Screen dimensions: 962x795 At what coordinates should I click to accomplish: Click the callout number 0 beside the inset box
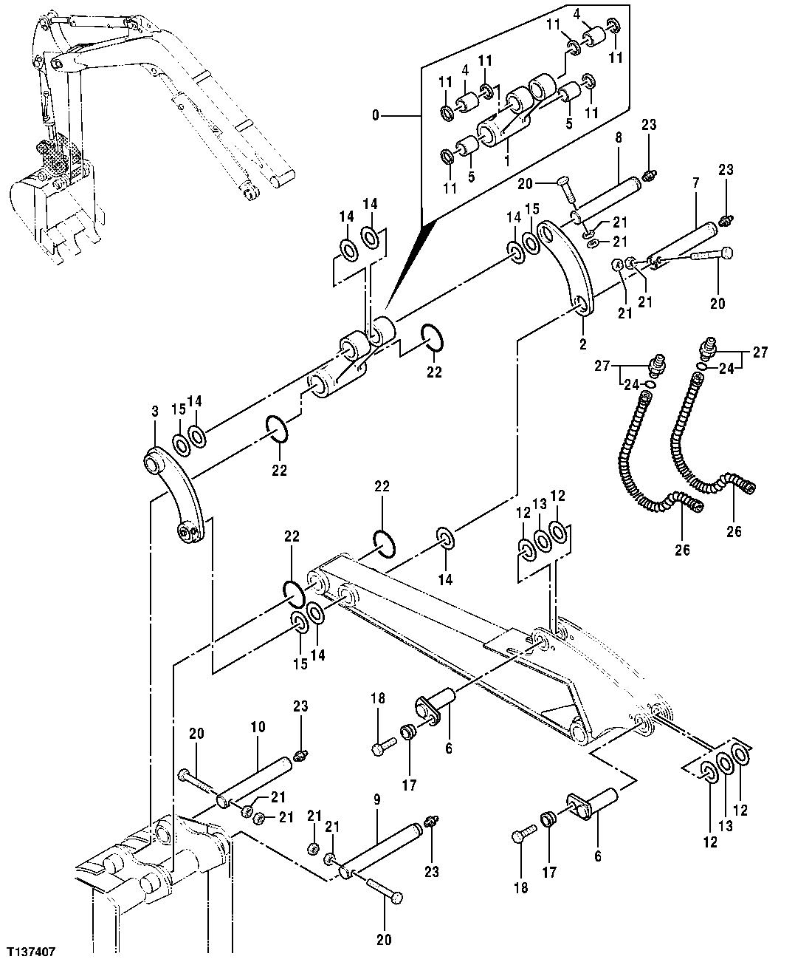click(376, 115)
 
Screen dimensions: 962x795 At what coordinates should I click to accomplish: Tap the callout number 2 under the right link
click(582, 344)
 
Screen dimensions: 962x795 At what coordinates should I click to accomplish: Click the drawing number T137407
click(32, 949)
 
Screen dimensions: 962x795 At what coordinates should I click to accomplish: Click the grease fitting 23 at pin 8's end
click(649, 176)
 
